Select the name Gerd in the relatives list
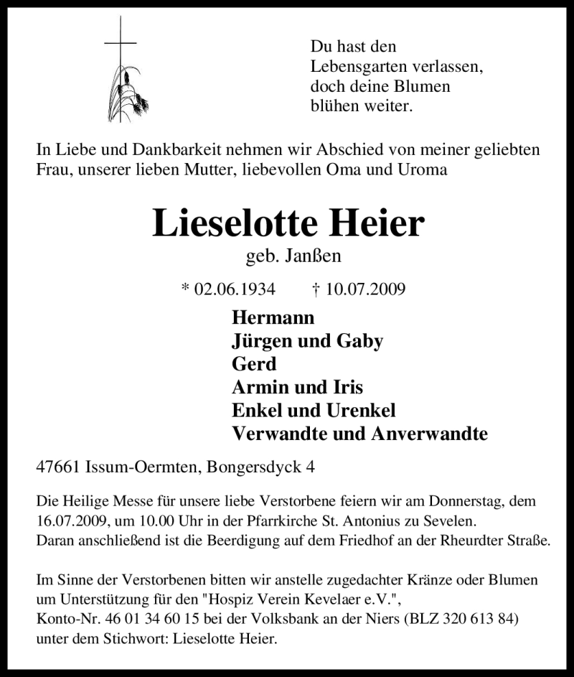point(254,363)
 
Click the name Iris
point(346,387)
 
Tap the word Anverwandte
point(429,434)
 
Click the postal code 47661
point(57,467)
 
